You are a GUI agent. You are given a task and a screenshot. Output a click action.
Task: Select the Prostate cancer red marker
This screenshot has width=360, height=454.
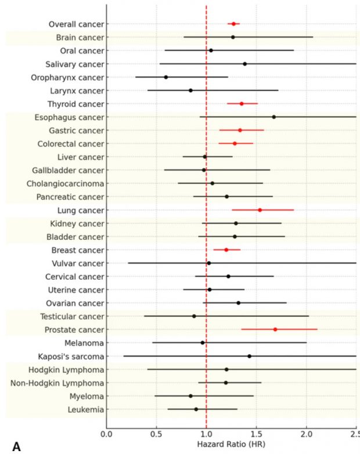(275, 329)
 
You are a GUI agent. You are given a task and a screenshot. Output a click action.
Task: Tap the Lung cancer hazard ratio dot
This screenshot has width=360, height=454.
(260, 210)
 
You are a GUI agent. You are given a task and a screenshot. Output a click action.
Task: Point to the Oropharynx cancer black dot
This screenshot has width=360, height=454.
(166, 77)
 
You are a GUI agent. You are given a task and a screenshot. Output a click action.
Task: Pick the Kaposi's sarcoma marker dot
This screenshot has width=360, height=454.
(250, 356)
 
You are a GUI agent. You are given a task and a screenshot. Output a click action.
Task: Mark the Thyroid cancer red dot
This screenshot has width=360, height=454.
(242, 104)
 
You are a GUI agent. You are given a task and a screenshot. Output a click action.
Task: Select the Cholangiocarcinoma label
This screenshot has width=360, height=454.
(66, 183)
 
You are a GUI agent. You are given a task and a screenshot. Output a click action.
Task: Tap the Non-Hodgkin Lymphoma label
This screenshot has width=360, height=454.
(58, 383)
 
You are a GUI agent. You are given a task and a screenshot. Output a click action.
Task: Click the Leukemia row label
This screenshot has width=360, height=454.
(85, 409)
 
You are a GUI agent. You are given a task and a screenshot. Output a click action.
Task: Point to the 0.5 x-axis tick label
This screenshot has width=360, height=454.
(156, 434)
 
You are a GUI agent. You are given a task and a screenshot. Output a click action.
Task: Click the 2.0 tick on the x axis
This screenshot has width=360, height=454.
(306, 434)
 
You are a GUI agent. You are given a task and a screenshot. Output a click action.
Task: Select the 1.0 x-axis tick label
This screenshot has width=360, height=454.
(206, 434)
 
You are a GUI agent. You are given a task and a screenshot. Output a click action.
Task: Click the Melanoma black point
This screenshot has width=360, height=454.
(203, 343)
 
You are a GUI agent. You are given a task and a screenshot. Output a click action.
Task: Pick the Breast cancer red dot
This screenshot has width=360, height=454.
(226, 250)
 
